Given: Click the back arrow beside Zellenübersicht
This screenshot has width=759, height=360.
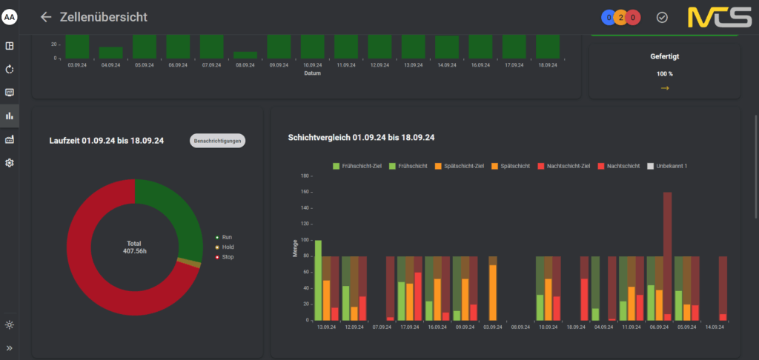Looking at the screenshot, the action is (46, 17).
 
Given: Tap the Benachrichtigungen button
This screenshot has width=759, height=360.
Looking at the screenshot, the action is (217, 141).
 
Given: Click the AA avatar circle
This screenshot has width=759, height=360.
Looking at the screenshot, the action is (9, 18).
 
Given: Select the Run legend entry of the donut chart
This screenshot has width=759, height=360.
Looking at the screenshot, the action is (224, 238).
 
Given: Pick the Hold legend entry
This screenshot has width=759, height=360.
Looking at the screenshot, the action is (225, 247).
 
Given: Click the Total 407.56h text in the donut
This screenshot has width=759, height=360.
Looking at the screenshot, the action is (135, 247).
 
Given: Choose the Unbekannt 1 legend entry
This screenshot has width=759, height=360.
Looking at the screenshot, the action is (667, 166).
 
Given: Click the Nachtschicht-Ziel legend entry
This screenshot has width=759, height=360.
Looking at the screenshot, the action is (563, 166).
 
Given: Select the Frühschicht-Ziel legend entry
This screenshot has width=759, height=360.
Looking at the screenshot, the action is (357, 166).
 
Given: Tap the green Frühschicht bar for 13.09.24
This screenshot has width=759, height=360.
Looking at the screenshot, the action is (318, 280).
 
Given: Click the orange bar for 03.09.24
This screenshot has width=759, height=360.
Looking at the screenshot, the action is (493, 293).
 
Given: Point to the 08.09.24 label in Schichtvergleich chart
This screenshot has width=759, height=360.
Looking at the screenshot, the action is (520, 327).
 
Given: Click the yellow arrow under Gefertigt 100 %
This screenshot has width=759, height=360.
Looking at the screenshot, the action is (665, 88).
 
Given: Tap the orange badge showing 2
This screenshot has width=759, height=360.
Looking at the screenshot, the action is (620, 18).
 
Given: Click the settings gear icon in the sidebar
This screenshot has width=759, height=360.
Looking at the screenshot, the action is (9, 163).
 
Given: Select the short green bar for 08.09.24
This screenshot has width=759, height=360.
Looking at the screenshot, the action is (245, 55).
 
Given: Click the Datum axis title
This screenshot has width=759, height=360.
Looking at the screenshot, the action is (312, 73).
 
